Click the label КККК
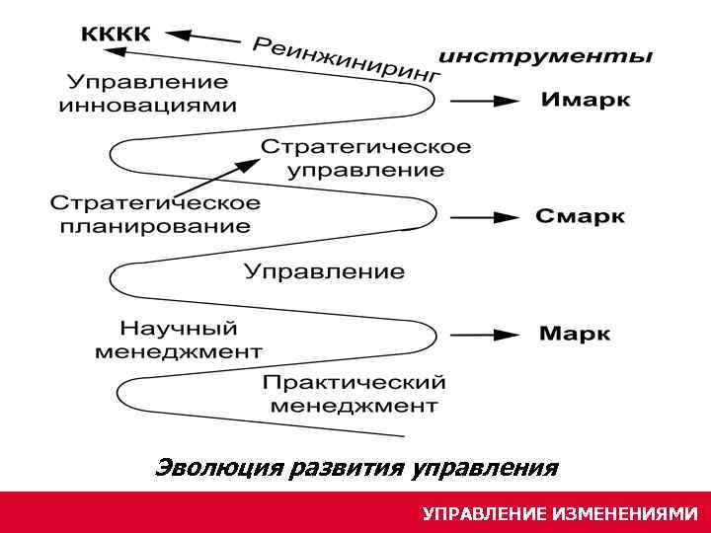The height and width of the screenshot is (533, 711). tap(116, 34)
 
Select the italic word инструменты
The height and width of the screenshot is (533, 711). tap(545, 56)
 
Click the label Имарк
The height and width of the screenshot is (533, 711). tap(586, 101)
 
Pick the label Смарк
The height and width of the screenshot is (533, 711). tap(581, 216)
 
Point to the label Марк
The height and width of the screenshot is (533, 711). tap(575, 334)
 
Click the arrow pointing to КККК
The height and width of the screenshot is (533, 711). tap(203, 37)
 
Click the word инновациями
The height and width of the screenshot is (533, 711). tap(148, 106)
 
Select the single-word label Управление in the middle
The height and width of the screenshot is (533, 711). tap(324, 271)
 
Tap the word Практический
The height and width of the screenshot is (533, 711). tap(355, 382)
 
